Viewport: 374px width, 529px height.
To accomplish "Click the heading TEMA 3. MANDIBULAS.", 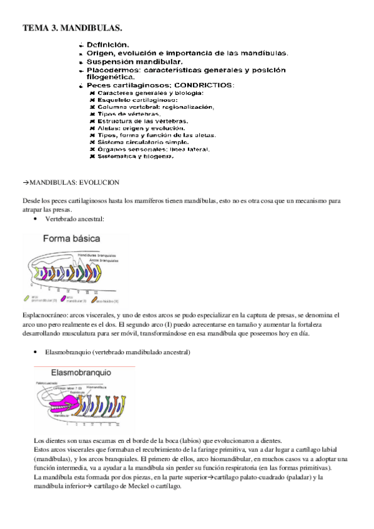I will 72,28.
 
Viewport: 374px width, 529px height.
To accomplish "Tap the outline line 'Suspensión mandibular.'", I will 134,62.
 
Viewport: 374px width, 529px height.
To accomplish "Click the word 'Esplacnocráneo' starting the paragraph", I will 44,316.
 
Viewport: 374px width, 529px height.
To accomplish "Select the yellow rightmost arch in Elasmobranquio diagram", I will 117,406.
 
